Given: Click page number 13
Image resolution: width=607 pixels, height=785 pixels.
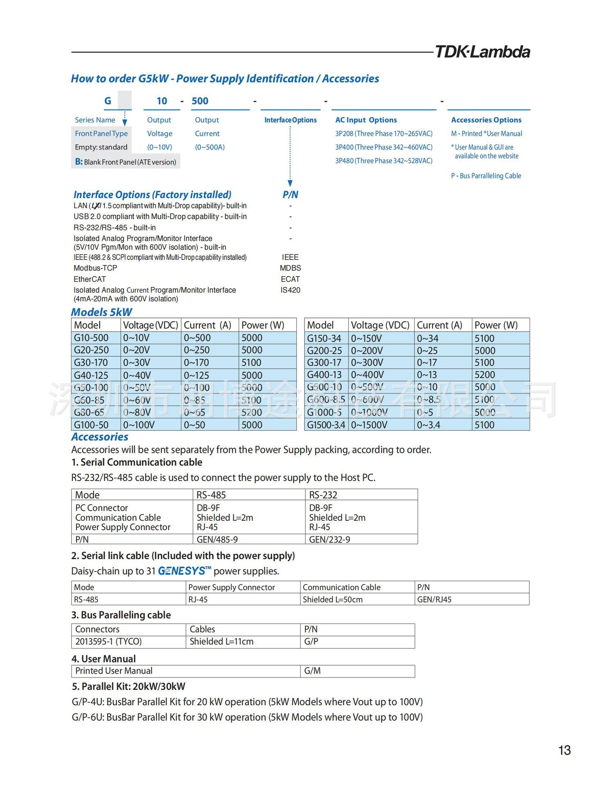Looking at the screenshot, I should pos(564,750).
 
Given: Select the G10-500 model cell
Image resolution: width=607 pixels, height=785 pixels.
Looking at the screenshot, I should pos(91,338).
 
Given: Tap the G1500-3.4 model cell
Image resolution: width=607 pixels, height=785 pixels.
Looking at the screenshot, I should pos(326,425).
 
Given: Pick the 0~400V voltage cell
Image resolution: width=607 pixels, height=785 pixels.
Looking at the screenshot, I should pos(368,375).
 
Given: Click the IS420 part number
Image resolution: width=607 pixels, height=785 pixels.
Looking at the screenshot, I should pos(290,290).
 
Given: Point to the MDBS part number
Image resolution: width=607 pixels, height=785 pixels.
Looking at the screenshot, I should pos(290,268).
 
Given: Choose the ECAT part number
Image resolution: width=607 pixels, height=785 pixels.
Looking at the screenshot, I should pos(290,279).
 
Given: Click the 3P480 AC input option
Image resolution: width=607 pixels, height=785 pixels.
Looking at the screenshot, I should pos(384,161).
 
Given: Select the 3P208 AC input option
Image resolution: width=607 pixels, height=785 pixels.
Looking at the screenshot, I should pos(384,134).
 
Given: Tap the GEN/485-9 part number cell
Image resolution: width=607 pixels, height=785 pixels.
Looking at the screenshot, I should pos(217,540).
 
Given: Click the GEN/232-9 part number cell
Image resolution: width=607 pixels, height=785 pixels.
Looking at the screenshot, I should pos(329,540).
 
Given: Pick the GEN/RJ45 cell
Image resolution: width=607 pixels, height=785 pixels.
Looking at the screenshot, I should pos(434,600).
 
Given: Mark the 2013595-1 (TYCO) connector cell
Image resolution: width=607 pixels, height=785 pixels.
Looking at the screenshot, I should pos(108,641).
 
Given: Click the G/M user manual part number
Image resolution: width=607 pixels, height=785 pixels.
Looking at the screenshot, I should pos(312,671).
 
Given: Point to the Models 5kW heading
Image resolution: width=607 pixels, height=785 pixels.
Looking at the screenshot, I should pos(102,312).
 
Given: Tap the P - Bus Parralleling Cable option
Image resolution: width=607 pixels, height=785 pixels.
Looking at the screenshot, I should pos(486,176).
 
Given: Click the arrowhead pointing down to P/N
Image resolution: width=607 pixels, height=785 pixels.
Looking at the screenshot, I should pos(290,183).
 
